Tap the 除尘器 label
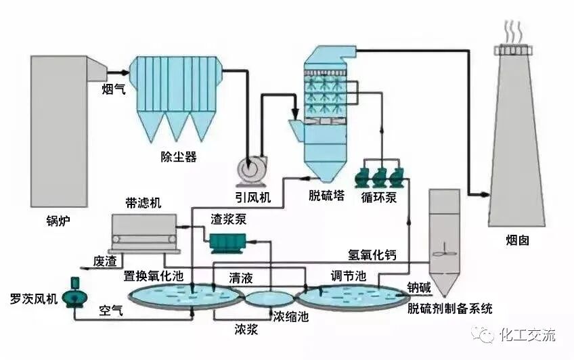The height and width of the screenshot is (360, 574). [178, 157]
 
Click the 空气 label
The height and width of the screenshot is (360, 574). [111, 311]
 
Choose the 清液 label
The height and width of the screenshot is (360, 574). [242, 277]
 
